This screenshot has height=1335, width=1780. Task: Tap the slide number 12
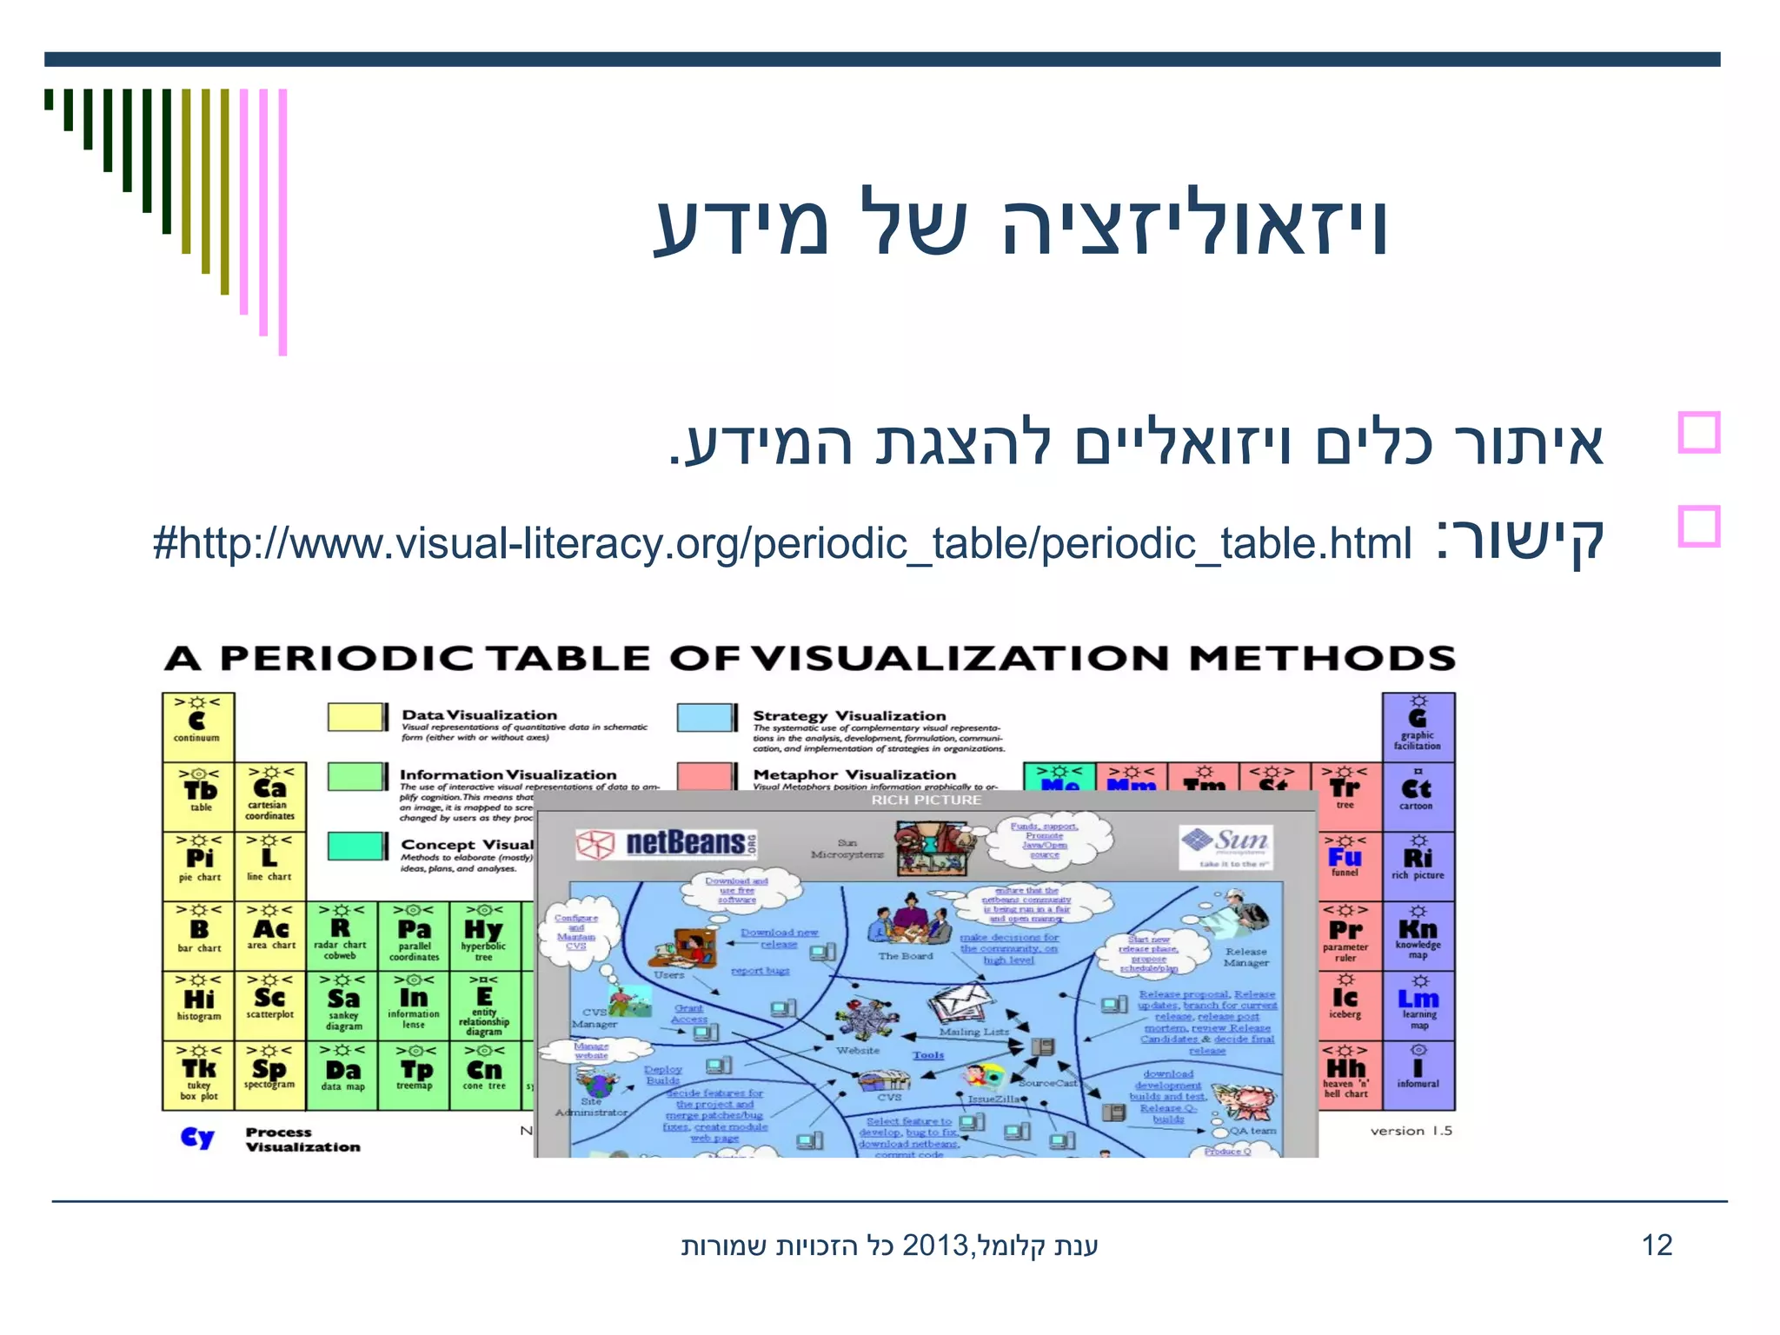pos(1657,1245)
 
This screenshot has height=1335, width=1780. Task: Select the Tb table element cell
pos(199,796)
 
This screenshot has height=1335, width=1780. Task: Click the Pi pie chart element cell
pos(199,866)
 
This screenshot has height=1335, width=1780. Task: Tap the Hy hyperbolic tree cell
pos(484,935)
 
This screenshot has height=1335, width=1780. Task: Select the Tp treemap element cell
pos(415,1075)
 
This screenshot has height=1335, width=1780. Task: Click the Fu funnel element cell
pos(1345,864)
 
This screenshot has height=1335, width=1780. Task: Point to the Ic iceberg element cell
pos(1345,1005)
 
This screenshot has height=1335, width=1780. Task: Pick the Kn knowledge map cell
pos(1418,935)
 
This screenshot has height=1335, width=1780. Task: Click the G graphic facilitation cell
pos(1418,727)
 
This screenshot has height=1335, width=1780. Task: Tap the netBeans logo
pos(667,844)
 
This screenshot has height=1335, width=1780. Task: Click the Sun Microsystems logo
pos(1226,846)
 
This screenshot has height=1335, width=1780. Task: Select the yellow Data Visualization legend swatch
pos(356,718)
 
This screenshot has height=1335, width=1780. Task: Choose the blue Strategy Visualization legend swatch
pos(707,718)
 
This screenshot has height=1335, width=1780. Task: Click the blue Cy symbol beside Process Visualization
pos(197,1139)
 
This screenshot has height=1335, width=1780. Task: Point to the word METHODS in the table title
pos(1322,658)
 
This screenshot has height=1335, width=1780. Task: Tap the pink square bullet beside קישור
pos(1698,527)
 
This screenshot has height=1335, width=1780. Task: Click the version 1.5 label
pos(1411,1131)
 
